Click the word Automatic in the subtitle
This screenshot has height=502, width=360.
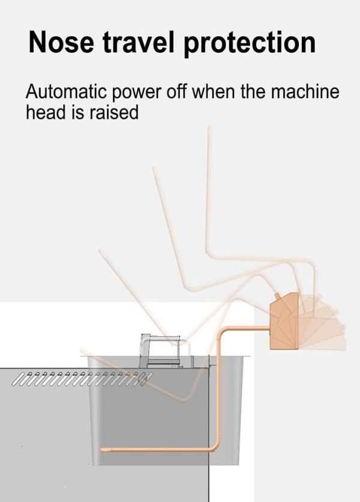[x=66, y=91]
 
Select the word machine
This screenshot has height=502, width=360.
[x=305, y=91]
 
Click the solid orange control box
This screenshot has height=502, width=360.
[x=284, y=321]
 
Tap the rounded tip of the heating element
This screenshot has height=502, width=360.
[x=103, y=450]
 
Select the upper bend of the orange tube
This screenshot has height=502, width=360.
[x=223, y=331]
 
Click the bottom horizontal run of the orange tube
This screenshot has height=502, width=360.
[x=157, y=450]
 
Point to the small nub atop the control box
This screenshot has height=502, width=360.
[x=277, y=295]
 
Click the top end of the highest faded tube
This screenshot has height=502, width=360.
[x=209, y=128]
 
